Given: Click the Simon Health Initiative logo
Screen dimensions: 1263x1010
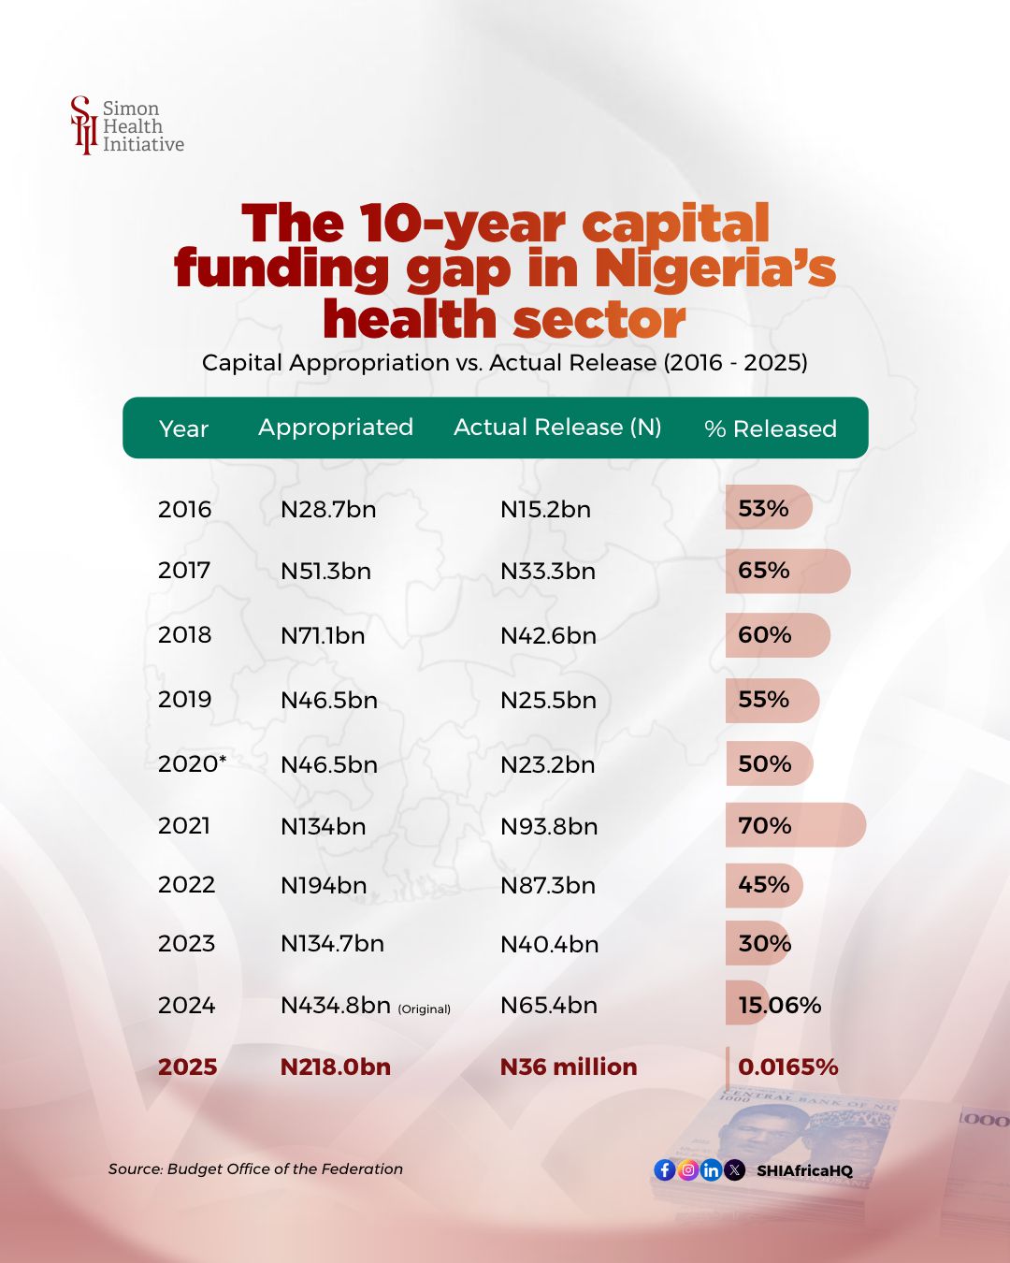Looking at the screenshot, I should point(126,125).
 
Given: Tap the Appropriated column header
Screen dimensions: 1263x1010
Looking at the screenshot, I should point(336,428).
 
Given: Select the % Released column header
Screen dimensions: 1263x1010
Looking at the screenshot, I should point(770,428).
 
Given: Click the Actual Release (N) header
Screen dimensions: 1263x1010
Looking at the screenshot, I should point(557,428).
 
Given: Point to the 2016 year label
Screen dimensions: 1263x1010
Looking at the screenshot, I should point(184,509).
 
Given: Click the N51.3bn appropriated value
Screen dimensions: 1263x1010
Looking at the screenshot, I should point(325,571).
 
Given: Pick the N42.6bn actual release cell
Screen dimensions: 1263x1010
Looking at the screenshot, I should point(548,635).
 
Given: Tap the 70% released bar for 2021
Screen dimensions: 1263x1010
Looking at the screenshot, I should point(795,825).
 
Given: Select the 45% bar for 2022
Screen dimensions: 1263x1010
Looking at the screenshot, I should point(764,885).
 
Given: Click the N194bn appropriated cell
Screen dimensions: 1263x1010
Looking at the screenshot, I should point(324,885).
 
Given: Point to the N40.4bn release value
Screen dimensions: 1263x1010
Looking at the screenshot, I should point(549,944).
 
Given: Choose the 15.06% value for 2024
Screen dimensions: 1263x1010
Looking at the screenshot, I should point(779,1005).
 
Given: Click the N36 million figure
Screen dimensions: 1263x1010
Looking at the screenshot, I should point(569,1067).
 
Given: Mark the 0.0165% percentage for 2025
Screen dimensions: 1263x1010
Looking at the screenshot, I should point(787,1067).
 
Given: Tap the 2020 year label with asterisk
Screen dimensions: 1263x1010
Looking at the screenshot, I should point(192,763).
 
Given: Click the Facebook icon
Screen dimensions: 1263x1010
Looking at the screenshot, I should point(665,1169).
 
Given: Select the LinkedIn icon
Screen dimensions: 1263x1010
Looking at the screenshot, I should point(711,1169).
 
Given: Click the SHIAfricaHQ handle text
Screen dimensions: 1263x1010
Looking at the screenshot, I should point(804,1170).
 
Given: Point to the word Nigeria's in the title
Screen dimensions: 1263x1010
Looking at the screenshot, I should point(715,269).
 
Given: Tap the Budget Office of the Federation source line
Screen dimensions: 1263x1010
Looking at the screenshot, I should point(255,1169).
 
